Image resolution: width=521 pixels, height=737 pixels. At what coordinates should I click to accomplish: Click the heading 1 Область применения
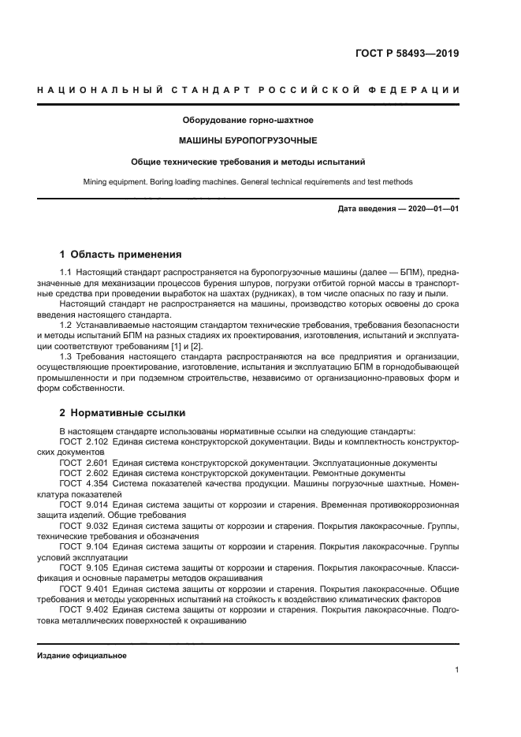click(x=121, y=255)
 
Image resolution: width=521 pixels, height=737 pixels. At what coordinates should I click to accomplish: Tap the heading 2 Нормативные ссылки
click(x=122, y=412)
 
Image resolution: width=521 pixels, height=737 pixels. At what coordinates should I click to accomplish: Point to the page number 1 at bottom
click(x=457, y=670)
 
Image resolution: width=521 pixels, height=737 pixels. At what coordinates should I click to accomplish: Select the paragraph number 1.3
click(x=66, y=356)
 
